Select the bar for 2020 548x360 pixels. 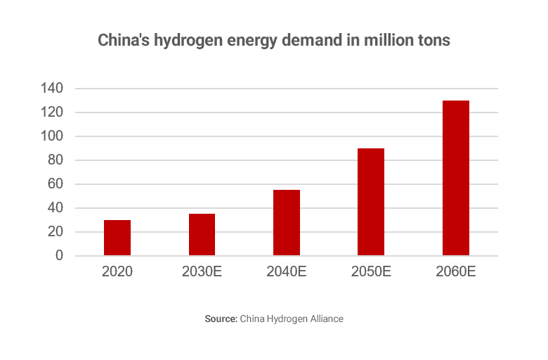pyautogui.click(x=117, y=238)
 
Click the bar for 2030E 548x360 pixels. pyautogui.click(x=202, y=235)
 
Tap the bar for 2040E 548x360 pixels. pyautogui.click(x=287, y=223)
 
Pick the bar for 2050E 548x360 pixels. pyautogui.click(x=371, y=202)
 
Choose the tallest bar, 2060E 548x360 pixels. pyautogui.click(x=456, y=178)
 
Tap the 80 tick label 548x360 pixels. pyautogui.click(x=56, y=160)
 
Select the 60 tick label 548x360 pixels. pyautogui.click(x=56, y=184)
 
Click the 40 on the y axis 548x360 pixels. pyautogui.click(x=56, y=208)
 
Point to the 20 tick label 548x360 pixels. pyautogui.click(x=56, y=232)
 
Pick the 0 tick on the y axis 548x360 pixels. pyautogui.click(x=60, y=256)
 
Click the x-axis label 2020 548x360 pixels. pyautogui.click(x=117, y=271)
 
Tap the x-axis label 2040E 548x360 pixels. pyautogui.click(x=287, y=271)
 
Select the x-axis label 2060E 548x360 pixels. pyautogui.click(x=456, y=271)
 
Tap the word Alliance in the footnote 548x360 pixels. pyautogui.click(x=325, y=319)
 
